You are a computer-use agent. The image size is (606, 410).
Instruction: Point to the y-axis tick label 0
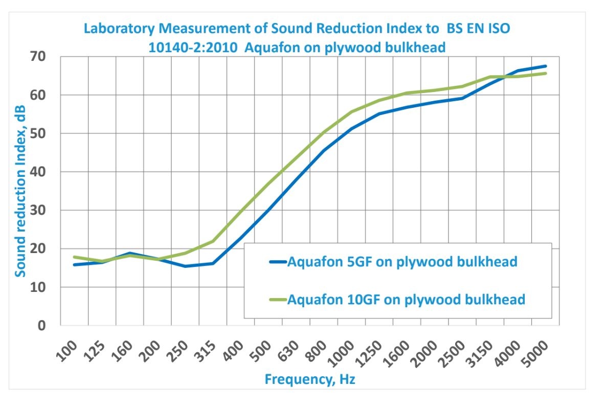50,326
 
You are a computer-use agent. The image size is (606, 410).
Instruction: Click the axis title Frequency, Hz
310,379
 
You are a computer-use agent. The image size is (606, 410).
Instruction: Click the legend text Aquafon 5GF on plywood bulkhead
402,262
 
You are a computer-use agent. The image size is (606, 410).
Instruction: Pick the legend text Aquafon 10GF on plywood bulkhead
406,299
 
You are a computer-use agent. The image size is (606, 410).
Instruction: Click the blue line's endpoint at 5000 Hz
546,66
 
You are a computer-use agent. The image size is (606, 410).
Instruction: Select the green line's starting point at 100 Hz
75,257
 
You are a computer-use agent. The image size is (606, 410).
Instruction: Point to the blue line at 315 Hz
213,263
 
